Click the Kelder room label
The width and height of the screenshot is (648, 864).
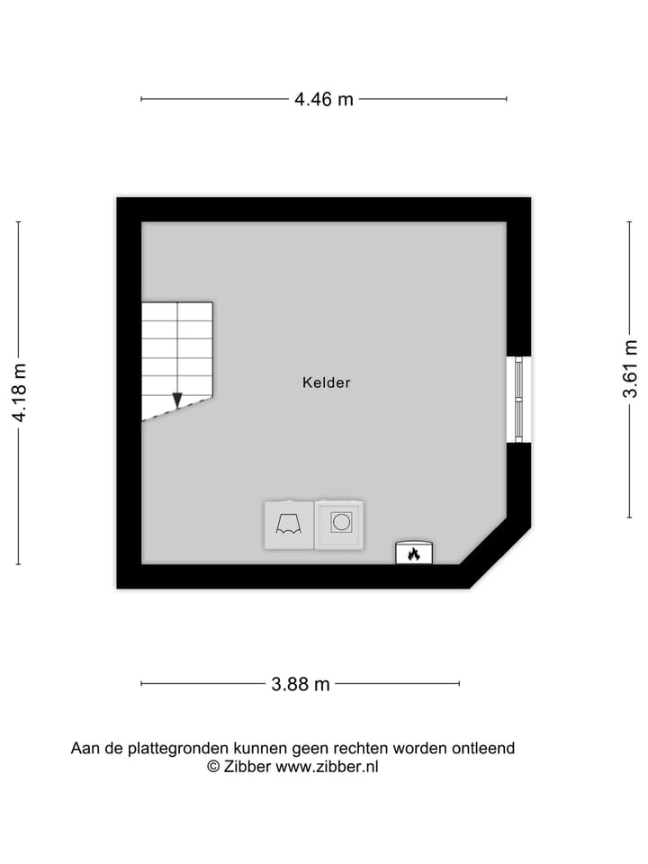tap(326, 382)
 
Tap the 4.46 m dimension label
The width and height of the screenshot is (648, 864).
tap(324, 99)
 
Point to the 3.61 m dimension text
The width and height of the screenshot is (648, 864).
tap(631, 369)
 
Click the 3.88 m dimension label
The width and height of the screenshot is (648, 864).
tap(301, 684)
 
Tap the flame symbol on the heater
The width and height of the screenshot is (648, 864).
tap(413, 553)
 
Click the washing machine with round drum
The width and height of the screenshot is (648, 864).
tap(339, 524)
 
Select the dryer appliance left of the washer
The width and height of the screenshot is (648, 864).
tap(288, 525)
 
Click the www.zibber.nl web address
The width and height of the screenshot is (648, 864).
tap(327, 767)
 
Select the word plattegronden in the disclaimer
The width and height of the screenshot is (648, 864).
tap(179, 748)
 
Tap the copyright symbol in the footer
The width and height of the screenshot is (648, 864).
tap(214, 767)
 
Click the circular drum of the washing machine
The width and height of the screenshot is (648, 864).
tap(340, 522)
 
